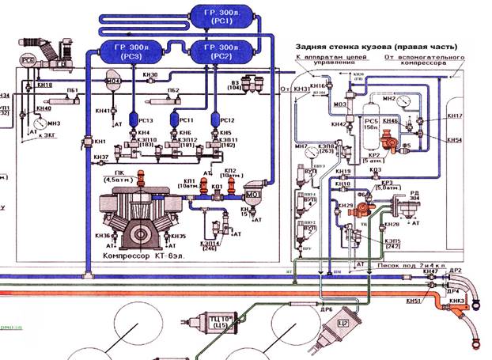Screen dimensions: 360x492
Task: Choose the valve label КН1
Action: pyautogui.click(x=100, y=140)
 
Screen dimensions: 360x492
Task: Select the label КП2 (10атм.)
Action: pyautogui.click(x=230, y=173)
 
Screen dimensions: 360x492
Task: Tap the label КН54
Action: pyautogui.click(x=453, y=139)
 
